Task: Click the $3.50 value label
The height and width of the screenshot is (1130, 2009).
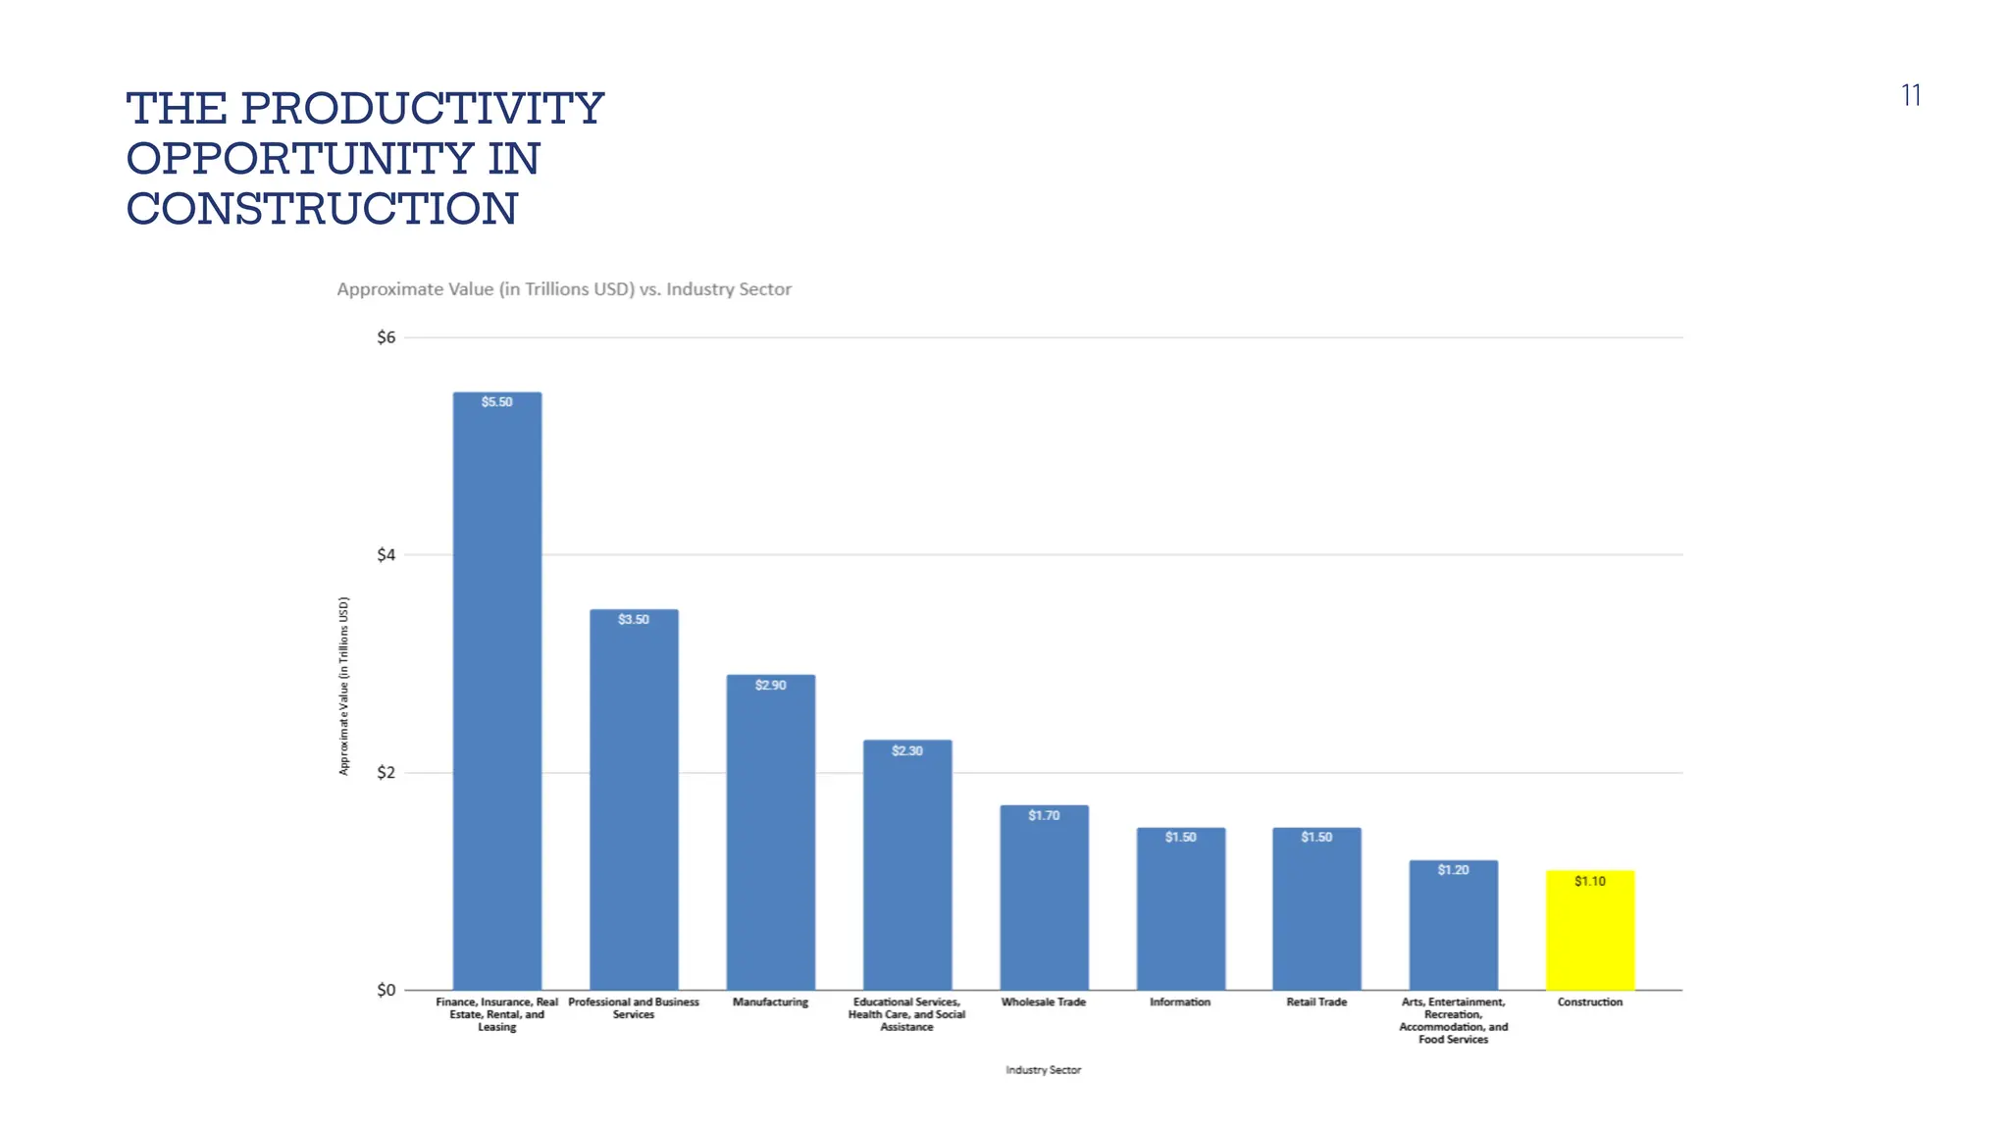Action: coord(633,620)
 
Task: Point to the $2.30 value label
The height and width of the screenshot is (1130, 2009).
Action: coord(906,751)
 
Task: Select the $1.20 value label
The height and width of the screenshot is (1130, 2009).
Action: coord(1453,870)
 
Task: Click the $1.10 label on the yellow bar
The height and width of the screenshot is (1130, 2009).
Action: coord(1589,882)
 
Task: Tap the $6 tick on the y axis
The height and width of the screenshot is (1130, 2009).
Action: coord(386,338)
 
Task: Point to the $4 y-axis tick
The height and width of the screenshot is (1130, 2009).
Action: coord(386,556)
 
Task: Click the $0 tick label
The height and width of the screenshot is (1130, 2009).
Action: coord(386,991)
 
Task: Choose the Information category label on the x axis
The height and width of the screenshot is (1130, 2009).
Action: coord(1180,1002)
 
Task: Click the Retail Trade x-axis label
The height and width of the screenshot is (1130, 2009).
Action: coord(1316,1002)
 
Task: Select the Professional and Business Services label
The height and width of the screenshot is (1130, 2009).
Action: coord(633,1008)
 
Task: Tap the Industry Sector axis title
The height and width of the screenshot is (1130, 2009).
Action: coord(1043,1070)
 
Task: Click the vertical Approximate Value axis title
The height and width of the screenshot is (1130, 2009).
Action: coord(343,686)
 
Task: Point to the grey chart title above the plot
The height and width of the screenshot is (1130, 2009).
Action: coord(564,289)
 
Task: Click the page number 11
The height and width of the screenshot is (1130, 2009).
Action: coord(1910,95)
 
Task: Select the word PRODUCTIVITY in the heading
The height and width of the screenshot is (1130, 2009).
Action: coord(422,108)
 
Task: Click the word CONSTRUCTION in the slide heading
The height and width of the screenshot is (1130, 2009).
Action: coord(322,209)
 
